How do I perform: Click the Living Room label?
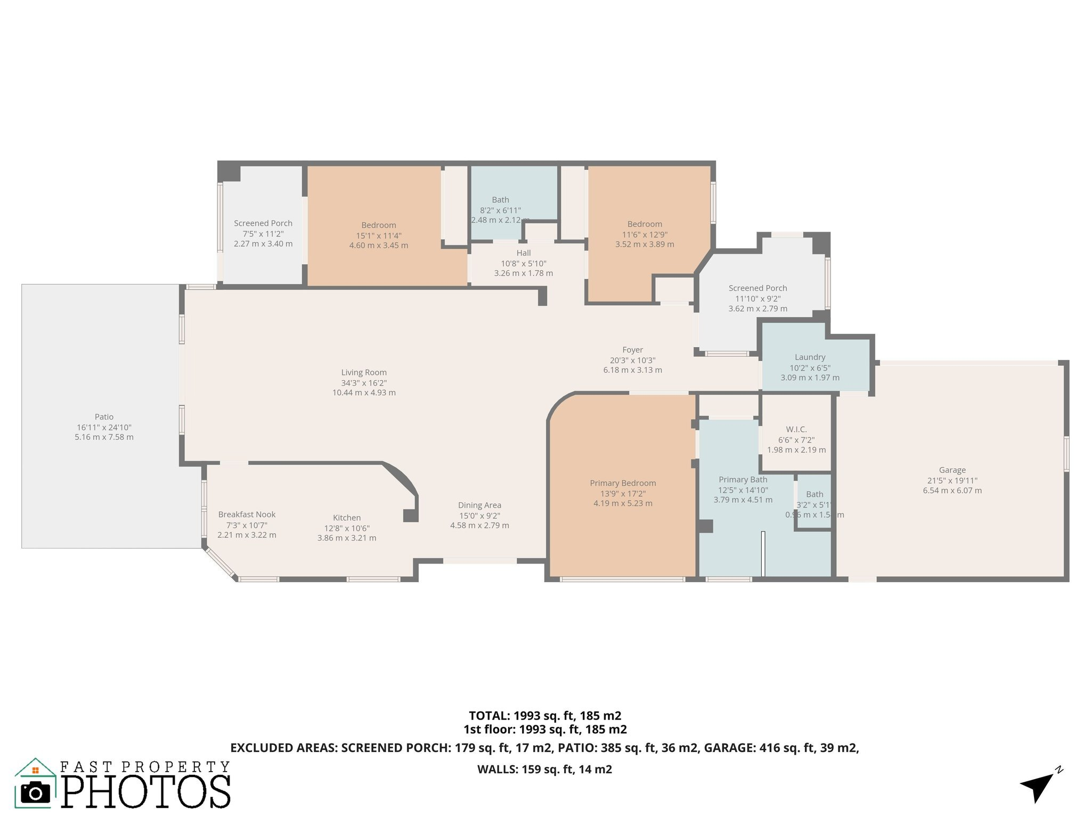pyautogui.click(x=364, y=373)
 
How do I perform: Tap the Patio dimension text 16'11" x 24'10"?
pyautogui.click(x=104, y=427)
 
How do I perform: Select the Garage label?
pyautogui.click(x=952, y=470)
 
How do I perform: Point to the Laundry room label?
pyautogui.click(x=810, y=357)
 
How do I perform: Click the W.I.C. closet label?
pyautogui.click(x=796, y=429)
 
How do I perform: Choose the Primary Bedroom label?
pyautogui.click(x=623, y=483)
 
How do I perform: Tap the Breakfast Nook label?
pyautogui.click(x=247, y=514)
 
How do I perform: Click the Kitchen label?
pyautogui.click(x=347, y=518)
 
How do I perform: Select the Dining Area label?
pyautogui.click(x=479, y=505)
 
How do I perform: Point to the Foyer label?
pyautogui.click(x=632, y=350)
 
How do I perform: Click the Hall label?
pyautogui.click(x=523, y=253)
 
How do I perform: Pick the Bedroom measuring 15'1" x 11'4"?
pyautogui.click(x=379, y=225)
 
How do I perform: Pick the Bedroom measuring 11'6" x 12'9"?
pyautogui.click(x=645, y=224)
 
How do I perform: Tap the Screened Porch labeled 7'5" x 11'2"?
pyautogui.click(x=263, y=223)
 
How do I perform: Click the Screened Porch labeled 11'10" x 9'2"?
pyautogui.click(x=758, y=288)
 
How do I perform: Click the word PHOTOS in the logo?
pyautogui.click(x=146, y=791)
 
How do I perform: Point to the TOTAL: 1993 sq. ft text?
pyautogui.click(x=544, y=716)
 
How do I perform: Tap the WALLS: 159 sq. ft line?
pyautogui.click(x=544, y=769)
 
